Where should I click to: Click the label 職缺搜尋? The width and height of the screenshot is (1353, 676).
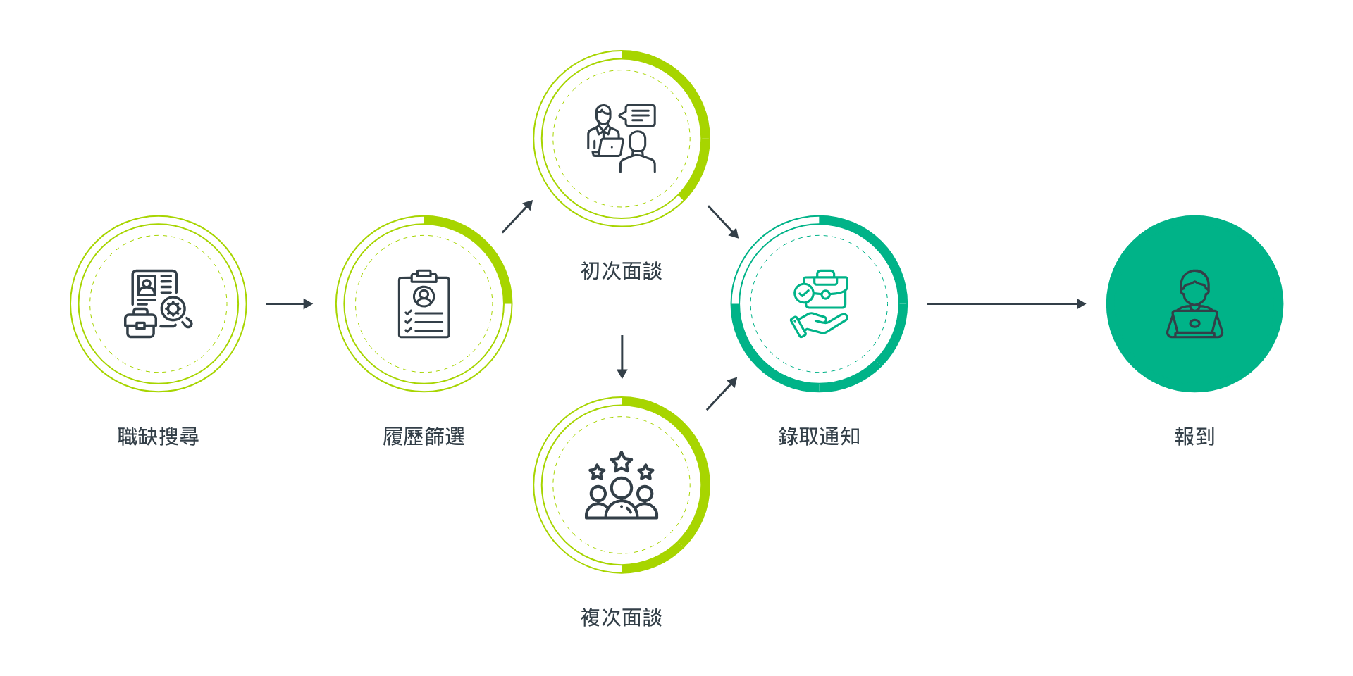tap(158, 437)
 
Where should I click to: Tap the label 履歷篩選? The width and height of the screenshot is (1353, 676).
tap(424, 437)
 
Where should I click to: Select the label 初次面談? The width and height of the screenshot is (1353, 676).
tap(621, 271)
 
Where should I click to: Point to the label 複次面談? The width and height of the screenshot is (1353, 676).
tap(621, 618)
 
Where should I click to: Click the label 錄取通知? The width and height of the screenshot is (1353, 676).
tap(819, 437)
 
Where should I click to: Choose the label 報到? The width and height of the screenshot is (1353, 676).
tap(1194, 437)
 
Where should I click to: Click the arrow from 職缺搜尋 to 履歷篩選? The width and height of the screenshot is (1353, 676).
tap(289, 303)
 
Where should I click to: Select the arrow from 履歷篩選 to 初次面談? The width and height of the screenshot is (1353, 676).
tap(517, 217)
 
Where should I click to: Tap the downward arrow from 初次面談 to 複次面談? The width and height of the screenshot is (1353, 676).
tap(622, 357)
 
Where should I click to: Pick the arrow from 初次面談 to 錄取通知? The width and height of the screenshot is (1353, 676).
tap(723, 222)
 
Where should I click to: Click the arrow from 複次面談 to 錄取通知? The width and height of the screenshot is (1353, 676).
tap(722, 394)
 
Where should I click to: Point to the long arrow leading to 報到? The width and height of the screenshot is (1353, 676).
tap(1006, 303)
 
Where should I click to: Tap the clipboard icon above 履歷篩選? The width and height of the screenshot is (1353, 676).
tap(424, 304)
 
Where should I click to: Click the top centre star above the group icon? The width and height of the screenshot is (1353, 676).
tap(622, 463)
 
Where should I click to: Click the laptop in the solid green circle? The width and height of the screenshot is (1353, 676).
tap(1194, 325)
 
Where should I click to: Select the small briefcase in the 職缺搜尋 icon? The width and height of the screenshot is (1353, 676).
tap(140, 324)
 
